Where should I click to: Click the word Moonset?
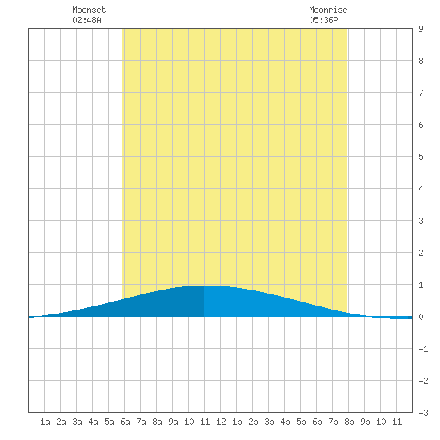89,10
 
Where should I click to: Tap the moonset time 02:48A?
86,20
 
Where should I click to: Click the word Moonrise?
328,10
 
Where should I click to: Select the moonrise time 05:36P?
323,20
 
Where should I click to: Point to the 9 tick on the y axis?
421,29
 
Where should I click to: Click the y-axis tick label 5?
421,157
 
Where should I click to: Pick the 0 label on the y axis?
421,317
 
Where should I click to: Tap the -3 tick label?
423,413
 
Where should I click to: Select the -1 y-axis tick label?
423,349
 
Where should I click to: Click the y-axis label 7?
421,93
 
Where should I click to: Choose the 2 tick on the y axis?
421,253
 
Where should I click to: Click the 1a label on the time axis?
45,422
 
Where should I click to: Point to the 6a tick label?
125,422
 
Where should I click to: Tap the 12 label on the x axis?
221,422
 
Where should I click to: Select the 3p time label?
269,422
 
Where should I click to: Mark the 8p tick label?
349,422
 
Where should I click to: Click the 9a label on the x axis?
173,422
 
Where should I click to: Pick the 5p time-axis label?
301,422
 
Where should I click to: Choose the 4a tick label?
93,422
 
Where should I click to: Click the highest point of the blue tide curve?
204,286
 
